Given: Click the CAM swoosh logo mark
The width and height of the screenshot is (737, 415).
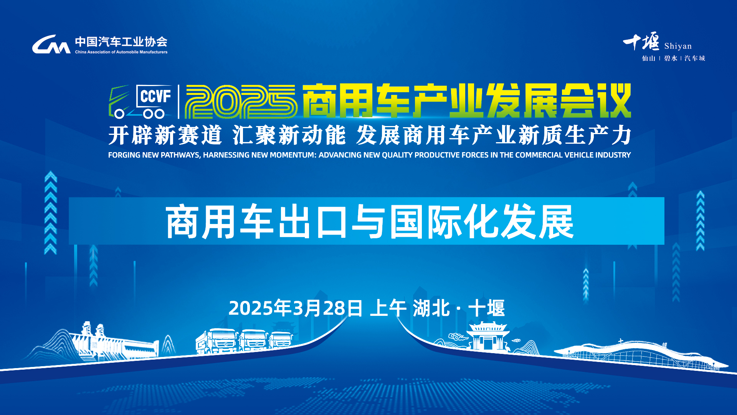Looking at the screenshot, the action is tap(51, 45).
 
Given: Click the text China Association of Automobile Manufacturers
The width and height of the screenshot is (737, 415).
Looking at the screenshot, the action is tap(121, 52).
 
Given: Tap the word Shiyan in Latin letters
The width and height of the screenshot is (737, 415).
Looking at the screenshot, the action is tap(678, 46).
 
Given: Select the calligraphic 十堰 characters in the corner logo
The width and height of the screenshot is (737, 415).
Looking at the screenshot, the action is tap(641, 41).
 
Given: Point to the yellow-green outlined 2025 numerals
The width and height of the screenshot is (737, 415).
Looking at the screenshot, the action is tap(241, 102).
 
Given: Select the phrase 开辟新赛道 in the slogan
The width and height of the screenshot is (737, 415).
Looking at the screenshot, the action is tap(165, 135).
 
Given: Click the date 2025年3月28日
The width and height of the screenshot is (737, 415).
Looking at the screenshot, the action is tap(296, 308).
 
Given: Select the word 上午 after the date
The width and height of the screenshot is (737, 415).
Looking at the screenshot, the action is tap(388, 308).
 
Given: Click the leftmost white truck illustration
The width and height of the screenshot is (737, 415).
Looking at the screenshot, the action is tap(217, 341).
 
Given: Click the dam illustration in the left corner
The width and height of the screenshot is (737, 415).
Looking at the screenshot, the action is tap(115, 342).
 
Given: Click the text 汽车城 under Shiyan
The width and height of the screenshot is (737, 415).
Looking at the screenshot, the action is tap(695, 58).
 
